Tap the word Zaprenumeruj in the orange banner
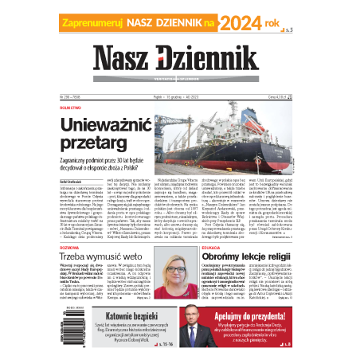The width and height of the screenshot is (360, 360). tap(96, 25)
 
